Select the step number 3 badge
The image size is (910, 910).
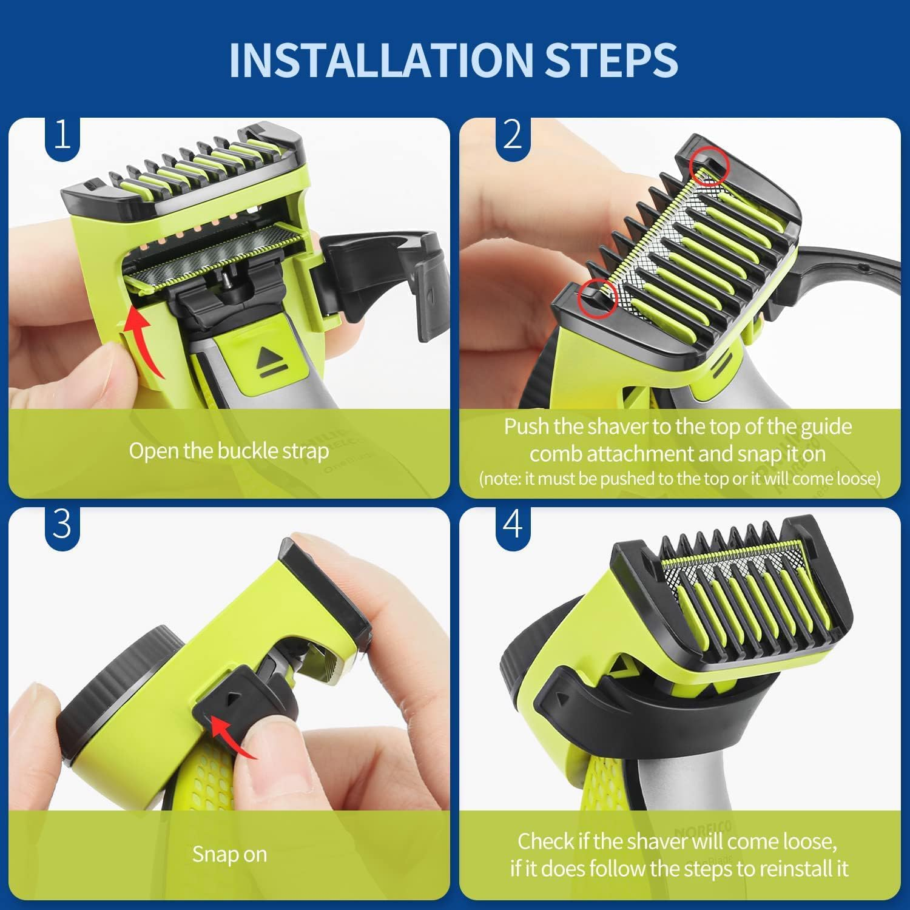point(62,523)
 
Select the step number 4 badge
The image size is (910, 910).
point(513,523)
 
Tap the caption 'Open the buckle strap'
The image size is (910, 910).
point(229,451)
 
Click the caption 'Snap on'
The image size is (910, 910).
point(229,854)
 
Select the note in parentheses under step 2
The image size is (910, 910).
point(679,479)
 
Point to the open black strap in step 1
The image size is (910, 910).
point(388,273)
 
